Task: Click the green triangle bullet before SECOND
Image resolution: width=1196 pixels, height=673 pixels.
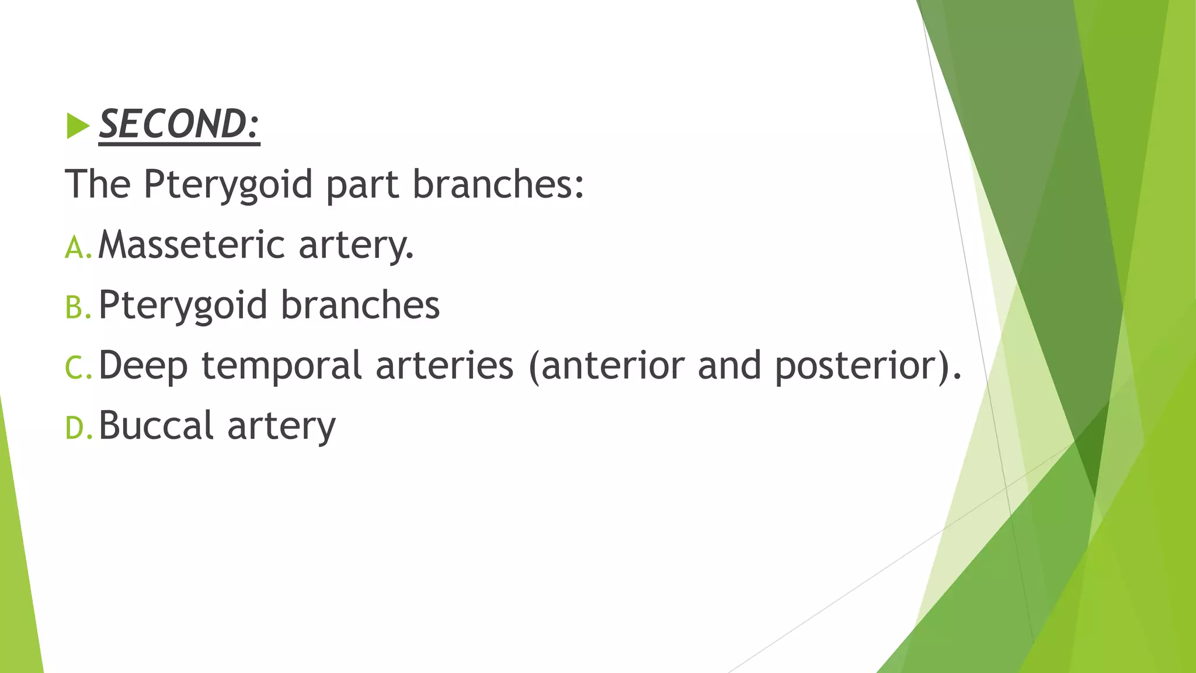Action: pyautogui.click(x=78, y=126)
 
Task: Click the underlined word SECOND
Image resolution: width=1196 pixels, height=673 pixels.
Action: pyautogui.click(x=179, y=124)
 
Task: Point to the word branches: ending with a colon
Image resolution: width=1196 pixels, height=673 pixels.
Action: pyautogui.click(x=498, y=184)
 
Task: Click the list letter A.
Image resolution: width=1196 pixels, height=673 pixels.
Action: pyautogui.click(x=75, y=247)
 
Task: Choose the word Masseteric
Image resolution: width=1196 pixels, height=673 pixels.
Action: pyautogui.click(x=192, y=244)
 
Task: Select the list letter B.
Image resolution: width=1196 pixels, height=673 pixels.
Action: pyautogui.click(x=75, y=308)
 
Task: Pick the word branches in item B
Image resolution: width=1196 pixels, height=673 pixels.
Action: pyautogui.click(x=360, y=305)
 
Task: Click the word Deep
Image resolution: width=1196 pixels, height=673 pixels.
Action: pyautogui.click(x=143, y=366)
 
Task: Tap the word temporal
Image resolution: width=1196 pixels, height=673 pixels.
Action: pyautogui.click(x=281, y=366)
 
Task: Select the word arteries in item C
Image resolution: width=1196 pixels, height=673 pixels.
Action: pyautogui.click(x=444, y=365)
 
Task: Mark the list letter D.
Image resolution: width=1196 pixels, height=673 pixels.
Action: pyautogui.click(x=75, y=428)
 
